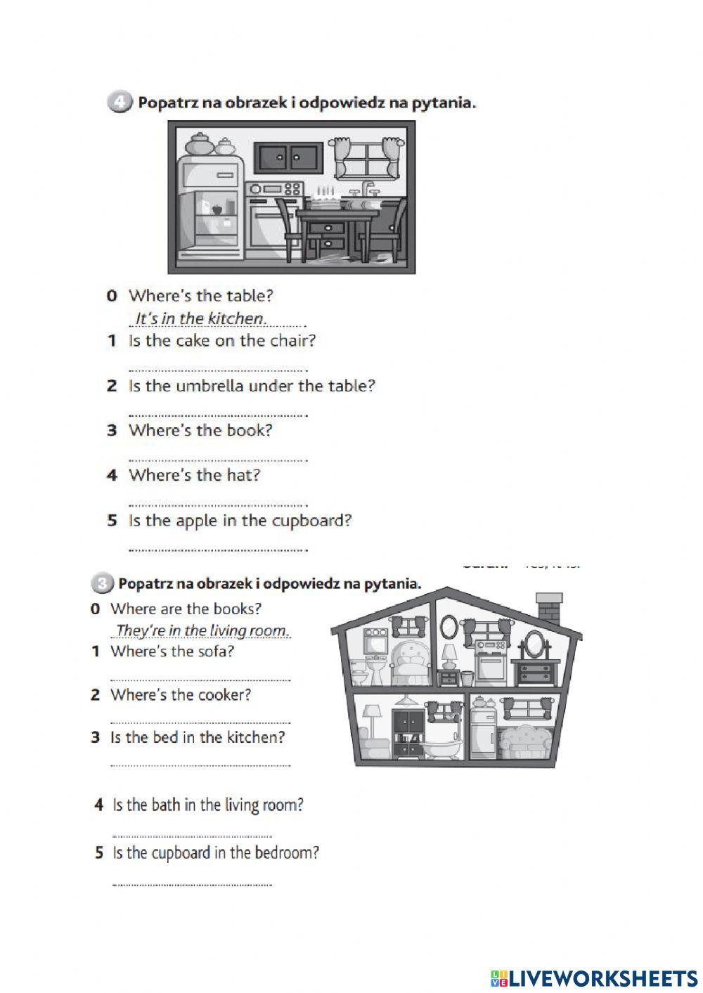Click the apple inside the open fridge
[x=217, y=209]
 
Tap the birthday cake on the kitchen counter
[x=325, y=199]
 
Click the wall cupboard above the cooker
[x=288, y=157]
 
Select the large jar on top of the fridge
[x=199, y=144]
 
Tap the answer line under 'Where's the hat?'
[x=218, y=503]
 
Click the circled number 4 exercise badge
[x=119, y=103]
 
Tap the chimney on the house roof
[x=548, y=606]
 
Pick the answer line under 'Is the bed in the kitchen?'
[x=200, y=765]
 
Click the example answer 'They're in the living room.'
[x=202, y=630]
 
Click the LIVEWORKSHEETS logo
[x=594, y=978]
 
